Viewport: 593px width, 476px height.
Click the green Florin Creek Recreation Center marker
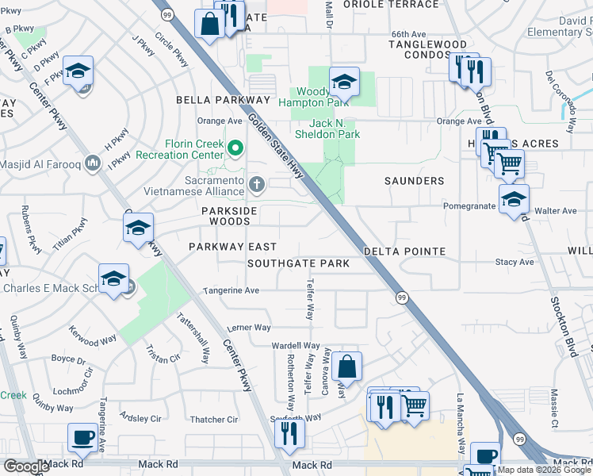pyautogui.click(x=235, y=148)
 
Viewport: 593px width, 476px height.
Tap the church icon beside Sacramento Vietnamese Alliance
pyautogui.click(x=256, y=185)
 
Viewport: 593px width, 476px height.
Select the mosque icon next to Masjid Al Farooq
pyautogui.click(x=93, y=163)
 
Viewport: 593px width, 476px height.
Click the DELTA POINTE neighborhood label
pyautogui.click(x=404, y=251)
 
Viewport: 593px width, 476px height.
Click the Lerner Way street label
pyautogui.click(x=249, y=327)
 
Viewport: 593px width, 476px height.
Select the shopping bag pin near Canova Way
pyautogui.click(x=346, y=367)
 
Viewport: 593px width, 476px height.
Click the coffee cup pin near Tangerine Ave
pyautogui.click(x=83, y=438)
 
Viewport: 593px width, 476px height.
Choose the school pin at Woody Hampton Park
pyautogui.click(x=345, y=82)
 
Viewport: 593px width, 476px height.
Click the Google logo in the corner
pyautogui.click(x=26, y=466)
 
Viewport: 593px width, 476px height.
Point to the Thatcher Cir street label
pyautogui.click(x=214, y=419)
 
